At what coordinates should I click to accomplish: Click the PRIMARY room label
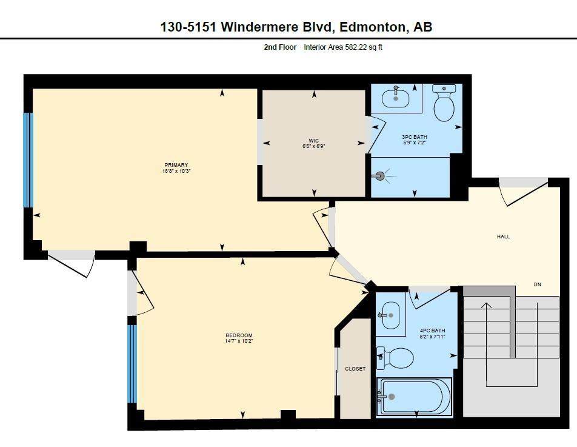click(176, 165)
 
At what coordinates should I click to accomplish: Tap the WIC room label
click(314, 141)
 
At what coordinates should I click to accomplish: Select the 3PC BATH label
click(415, 137)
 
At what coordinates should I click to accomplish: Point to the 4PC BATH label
click(433, 331)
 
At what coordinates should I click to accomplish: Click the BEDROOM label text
click(239, 335)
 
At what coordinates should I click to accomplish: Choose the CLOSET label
click(355, 369)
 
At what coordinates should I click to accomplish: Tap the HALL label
click(503, 237)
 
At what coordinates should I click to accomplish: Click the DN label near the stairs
click(537, 284)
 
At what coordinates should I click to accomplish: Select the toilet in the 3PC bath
click(444, 103)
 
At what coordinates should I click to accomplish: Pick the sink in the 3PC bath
click(396, 97)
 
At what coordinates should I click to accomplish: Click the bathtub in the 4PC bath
click(414, 396)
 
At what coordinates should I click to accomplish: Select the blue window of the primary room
click(27, 160)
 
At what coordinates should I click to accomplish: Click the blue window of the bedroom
click(132, 364)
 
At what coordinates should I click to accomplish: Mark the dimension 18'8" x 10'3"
click(176, 171)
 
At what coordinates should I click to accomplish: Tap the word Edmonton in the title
click(371, 27)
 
